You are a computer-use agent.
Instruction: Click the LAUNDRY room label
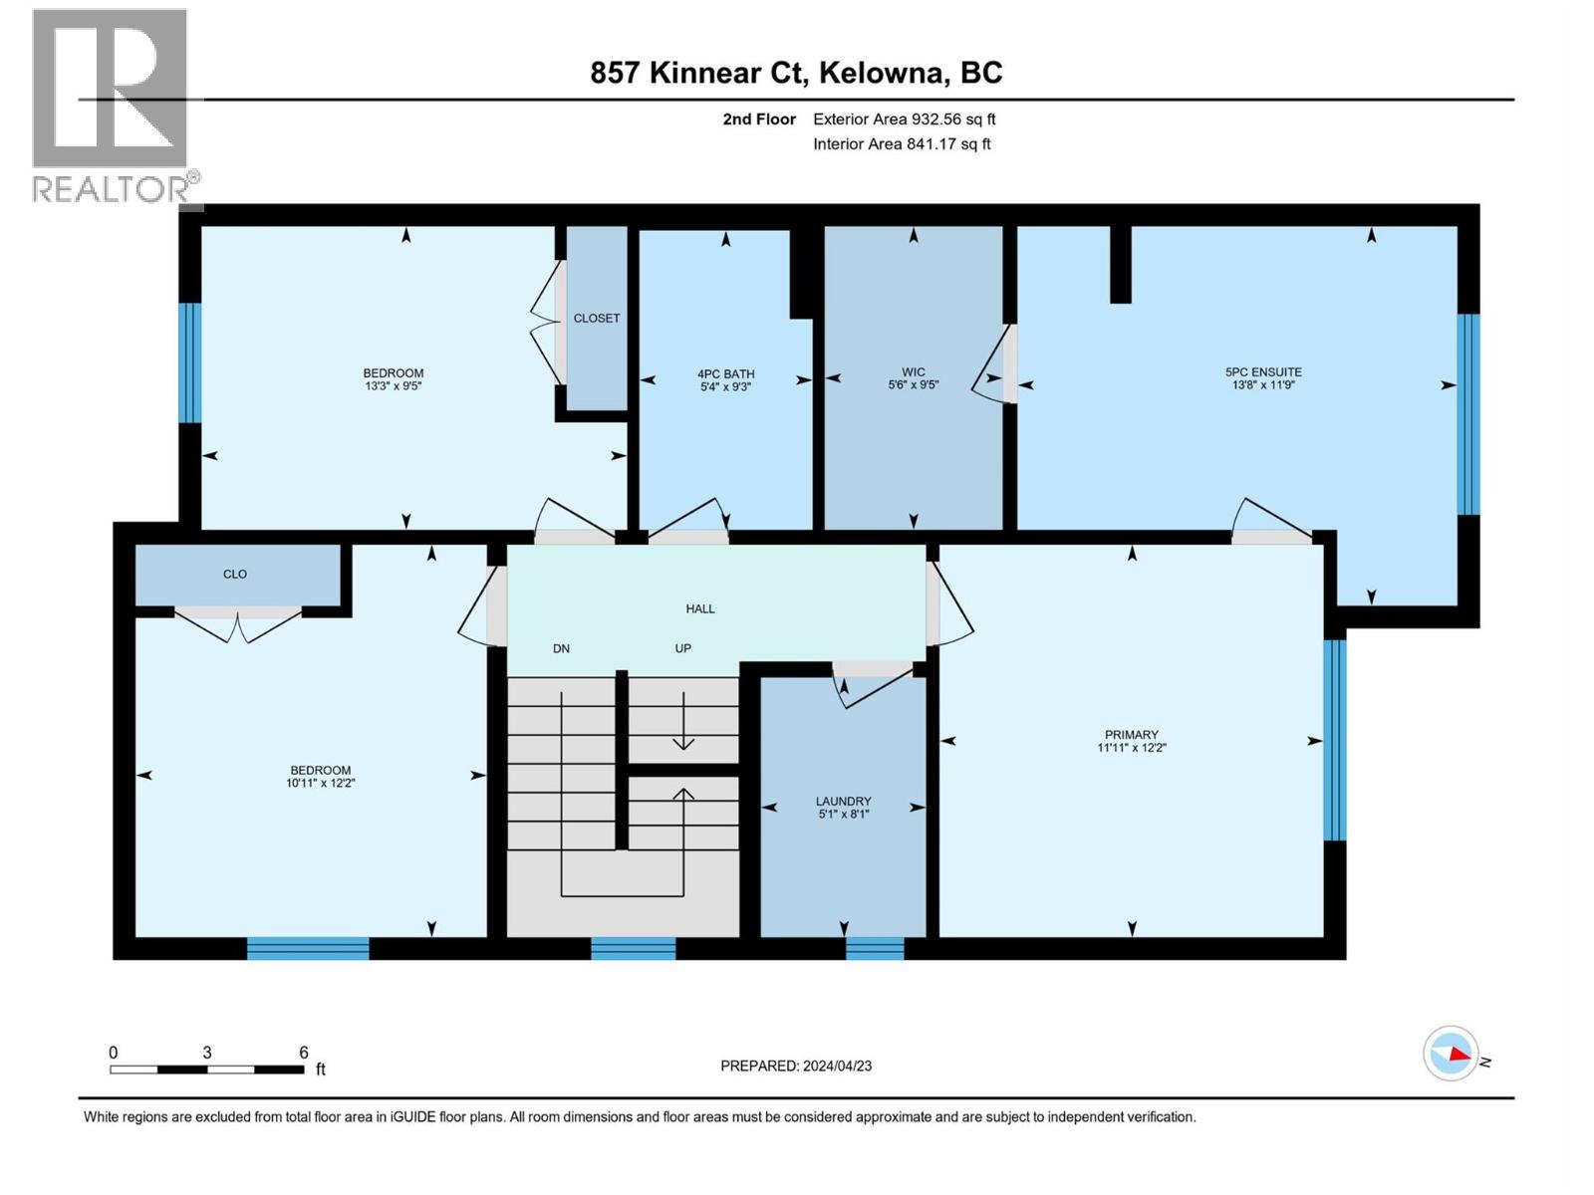843,801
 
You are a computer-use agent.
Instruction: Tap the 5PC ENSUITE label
1263,371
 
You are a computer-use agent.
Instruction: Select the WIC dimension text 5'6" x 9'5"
913,385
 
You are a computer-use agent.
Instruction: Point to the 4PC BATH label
725,374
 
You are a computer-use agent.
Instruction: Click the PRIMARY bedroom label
1131,735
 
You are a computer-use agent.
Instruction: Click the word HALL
699,608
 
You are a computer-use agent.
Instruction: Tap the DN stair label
561,648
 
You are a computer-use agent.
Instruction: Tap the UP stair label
682,648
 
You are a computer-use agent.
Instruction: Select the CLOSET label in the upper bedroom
596,319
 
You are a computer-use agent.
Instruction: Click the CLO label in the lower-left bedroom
235,575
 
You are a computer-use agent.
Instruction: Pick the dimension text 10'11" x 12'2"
320,784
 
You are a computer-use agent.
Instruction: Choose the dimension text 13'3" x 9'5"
393,386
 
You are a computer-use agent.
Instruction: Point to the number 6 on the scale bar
304,1053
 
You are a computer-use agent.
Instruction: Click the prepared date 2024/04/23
837,1066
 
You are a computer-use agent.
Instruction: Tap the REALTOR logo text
116,188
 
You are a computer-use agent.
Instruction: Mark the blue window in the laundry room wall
875,948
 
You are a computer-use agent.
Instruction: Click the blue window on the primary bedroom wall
1334,740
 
